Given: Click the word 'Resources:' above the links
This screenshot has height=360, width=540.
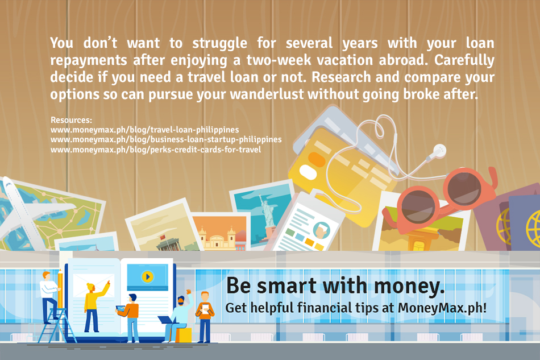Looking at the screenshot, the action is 71,120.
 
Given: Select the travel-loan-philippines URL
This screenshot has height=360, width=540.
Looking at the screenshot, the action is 144,130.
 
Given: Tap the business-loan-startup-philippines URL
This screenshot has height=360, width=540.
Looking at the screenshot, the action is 166,139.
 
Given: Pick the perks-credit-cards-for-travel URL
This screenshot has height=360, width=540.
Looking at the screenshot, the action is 156,150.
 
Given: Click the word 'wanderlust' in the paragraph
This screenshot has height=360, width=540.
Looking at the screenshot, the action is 267,94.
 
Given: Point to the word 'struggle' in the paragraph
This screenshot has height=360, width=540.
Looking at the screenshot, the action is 220,44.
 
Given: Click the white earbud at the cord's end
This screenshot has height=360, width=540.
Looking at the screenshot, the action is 437,152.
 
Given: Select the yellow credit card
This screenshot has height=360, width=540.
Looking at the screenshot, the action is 341,176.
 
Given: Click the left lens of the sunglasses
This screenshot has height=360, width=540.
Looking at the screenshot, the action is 418,206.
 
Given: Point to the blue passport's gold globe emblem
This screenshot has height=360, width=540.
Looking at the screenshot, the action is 534,227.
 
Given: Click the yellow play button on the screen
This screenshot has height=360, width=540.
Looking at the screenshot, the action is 147,276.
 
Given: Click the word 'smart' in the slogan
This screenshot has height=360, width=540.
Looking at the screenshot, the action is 286,286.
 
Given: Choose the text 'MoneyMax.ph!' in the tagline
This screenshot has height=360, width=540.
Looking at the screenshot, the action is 442,308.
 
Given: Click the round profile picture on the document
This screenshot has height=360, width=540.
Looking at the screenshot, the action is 321,230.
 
